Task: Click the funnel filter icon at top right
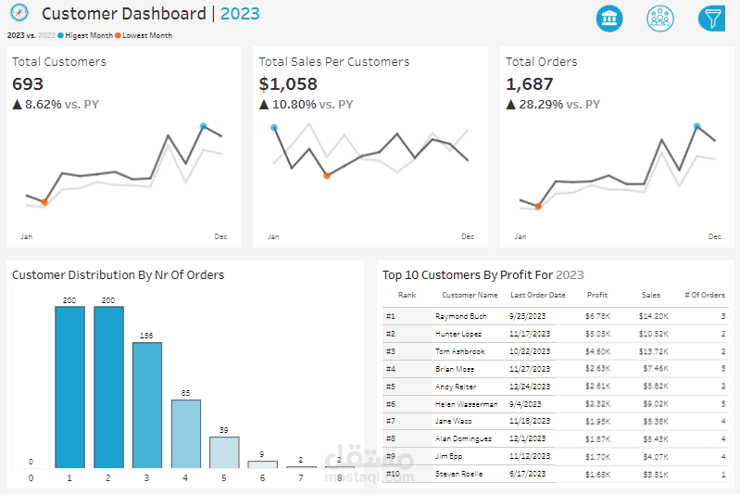coord(711,19)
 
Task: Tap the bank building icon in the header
coord(609,19)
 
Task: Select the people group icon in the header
coord(660,19)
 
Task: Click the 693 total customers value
coord(28,84)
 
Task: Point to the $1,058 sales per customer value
coord(288,84)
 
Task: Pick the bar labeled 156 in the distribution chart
coord(146,405)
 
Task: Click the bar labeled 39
coord(224,451)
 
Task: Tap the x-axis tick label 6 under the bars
coord(263,478)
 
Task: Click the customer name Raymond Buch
coord(460,316)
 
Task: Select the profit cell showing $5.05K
coord(596,334)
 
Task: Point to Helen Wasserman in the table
coord(466,404)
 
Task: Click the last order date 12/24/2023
coord(530,387)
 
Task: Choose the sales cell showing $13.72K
coord(653,351)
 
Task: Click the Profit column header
coord(597,296)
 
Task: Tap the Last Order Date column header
coord(538,296)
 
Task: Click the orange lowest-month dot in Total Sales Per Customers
coord(326,175)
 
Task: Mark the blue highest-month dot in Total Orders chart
coord(697,125)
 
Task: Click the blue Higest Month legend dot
coord(60,35)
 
